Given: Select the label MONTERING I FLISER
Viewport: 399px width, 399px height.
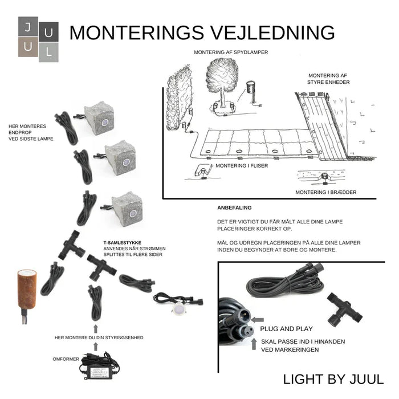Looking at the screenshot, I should coord(239,166).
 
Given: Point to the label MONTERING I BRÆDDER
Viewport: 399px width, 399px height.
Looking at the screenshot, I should coord(325,192).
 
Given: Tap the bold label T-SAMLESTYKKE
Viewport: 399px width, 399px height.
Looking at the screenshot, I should coord(122,242).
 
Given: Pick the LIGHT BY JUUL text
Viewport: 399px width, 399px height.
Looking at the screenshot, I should coord(333,379).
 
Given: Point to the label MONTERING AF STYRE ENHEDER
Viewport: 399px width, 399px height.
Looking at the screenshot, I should coord(328,79).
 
